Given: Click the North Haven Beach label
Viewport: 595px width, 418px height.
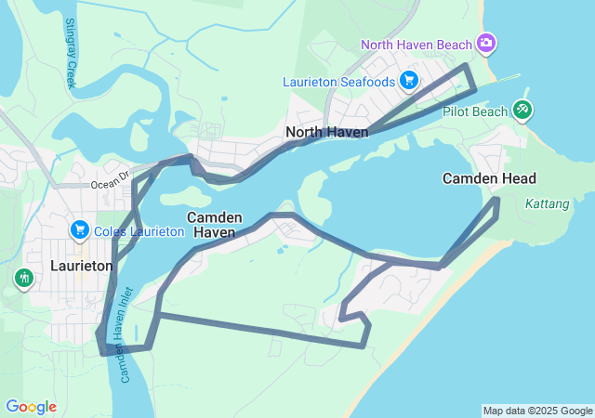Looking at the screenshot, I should tap(417, 45).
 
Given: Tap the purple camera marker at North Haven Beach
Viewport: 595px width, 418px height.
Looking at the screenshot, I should tap(485, 44).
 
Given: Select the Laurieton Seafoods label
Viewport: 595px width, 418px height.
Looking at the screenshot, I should tap(339, 82).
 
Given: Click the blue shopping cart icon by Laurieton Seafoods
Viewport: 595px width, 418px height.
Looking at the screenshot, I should tap(409, 81).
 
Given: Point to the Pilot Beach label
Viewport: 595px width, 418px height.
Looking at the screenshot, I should tap(475, 111).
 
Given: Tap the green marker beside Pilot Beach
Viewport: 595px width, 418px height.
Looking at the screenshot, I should tap(522, 111).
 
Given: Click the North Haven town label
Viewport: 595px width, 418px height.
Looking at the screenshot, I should tap(326, 132).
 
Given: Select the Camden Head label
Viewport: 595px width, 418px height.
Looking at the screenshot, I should tap(489, 178).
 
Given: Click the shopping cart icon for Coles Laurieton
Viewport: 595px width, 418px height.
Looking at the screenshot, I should tap(79, 229).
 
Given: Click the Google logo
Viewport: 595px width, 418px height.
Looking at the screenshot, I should tap(31, 407).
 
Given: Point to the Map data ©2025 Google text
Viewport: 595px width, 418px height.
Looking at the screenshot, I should tap(537, 411).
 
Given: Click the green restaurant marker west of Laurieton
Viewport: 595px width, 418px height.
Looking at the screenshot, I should tap(23, 277).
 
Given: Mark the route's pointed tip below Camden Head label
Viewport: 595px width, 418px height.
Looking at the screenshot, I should tap(497, 199).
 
